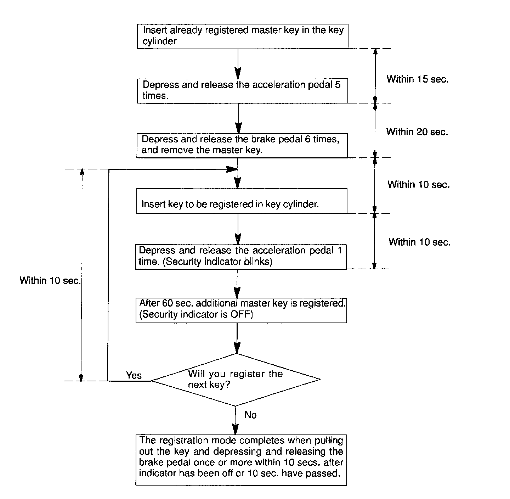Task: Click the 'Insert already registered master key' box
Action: [x=243, y=36]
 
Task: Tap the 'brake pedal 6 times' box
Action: [x=242, y=145]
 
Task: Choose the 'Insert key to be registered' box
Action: [x=242, y=201]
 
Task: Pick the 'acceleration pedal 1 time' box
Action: [x=240, y=256]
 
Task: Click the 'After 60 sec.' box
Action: [x=241, y=310]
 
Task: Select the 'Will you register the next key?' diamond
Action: [x=236, y=379]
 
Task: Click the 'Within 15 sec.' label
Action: [x=417, y=79]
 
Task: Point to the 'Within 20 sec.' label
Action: [x=417, y=132]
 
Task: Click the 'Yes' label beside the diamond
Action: [x=134, y=375]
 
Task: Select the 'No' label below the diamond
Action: [x=250, y=415]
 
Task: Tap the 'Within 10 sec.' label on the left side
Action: [x=50, y=281]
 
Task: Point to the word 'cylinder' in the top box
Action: [x=159, y=41]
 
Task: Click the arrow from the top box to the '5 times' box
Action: [x=238, y=64]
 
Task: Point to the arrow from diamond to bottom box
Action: [x=235, y=420]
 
